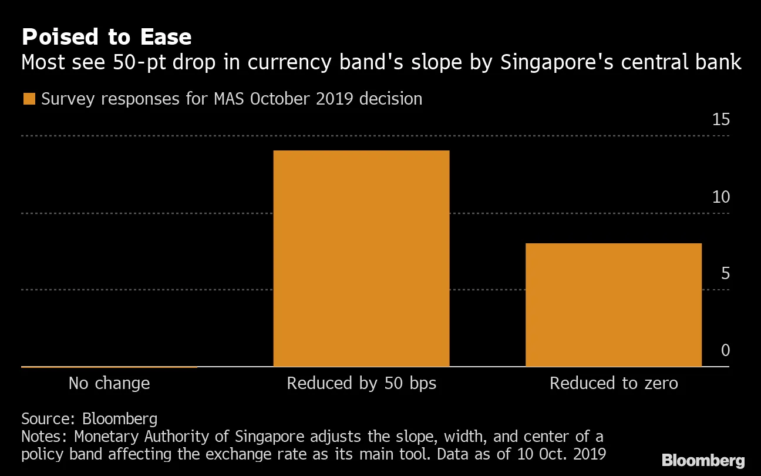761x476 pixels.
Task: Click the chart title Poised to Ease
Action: (106, 37)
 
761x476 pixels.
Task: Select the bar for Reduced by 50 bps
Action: (361, 259)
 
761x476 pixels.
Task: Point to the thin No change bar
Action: (109, 366)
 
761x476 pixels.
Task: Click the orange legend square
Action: (29, 99)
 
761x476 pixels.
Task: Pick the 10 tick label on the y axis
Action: (720, 197)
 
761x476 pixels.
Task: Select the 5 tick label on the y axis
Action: (725, 274)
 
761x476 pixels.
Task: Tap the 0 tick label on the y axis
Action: (725, 351)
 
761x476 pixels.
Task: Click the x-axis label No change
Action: (109, 384)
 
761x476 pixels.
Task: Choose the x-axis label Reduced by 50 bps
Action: (361, 384)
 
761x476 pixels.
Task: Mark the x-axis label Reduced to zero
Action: (613, 384)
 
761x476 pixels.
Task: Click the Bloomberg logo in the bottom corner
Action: (703, 460)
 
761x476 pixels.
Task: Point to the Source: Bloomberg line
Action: (89, 418)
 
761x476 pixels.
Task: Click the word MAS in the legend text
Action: (226, 99)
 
